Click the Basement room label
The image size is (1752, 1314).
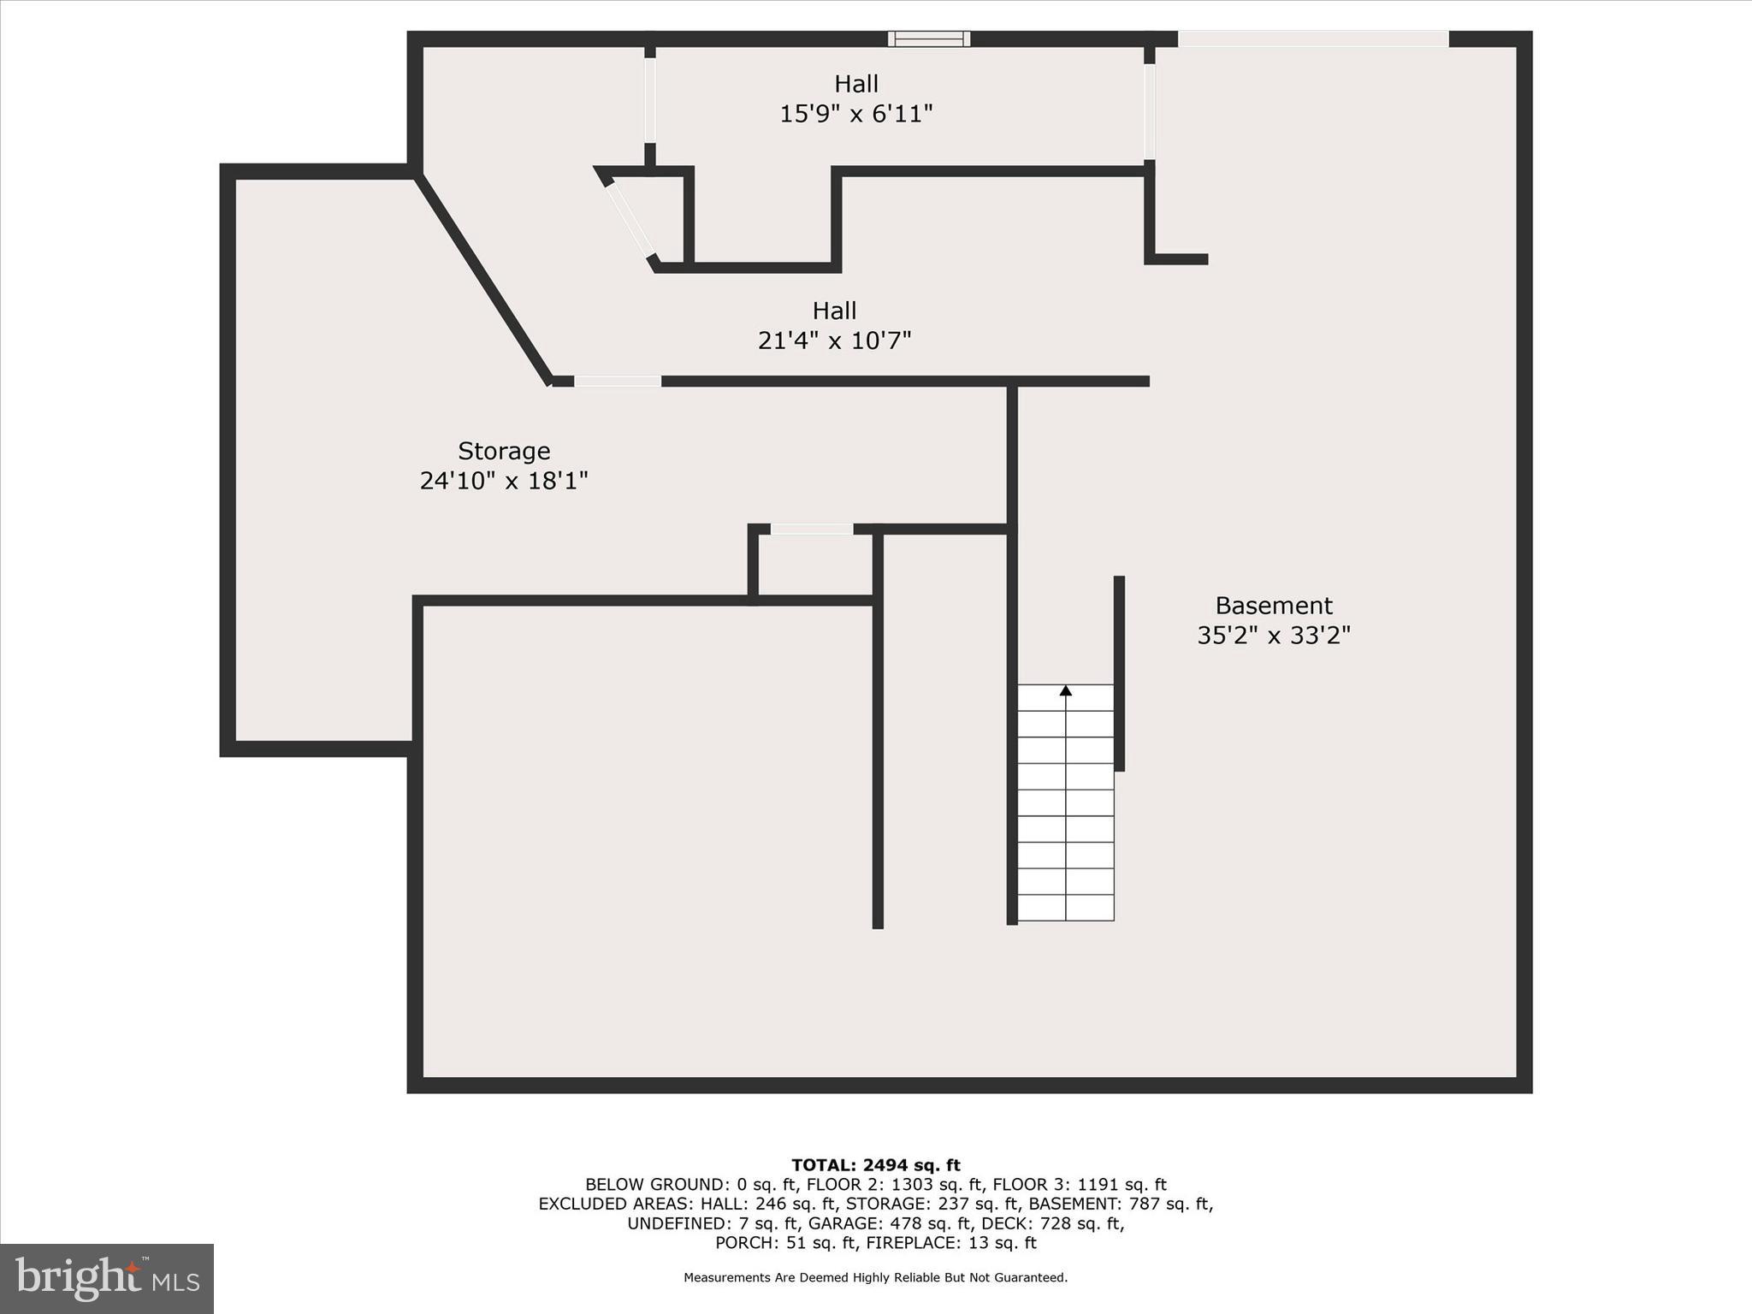(1273, 606)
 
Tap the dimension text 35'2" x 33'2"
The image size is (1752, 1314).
(1273, 636)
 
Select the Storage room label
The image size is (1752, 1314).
(504, 451)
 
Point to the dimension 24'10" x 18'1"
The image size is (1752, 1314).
(504, 481)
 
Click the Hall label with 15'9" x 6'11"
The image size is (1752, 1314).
(856, 84)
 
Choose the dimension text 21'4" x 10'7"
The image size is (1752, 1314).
(834, 340)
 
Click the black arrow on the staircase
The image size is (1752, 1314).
(1066, 690)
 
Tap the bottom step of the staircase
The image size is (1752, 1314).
(1065, 908)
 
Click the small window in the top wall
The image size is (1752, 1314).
(928, 38)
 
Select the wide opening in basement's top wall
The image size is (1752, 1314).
(1312, 39)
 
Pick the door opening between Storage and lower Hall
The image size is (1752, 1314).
(617, 382)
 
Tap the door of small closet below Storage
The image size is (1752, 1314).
(811, 530)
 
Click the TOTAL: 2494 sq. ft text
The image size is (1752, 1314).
(875, 1165)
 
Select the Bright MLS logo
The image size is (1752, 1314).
(107, 1278)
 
